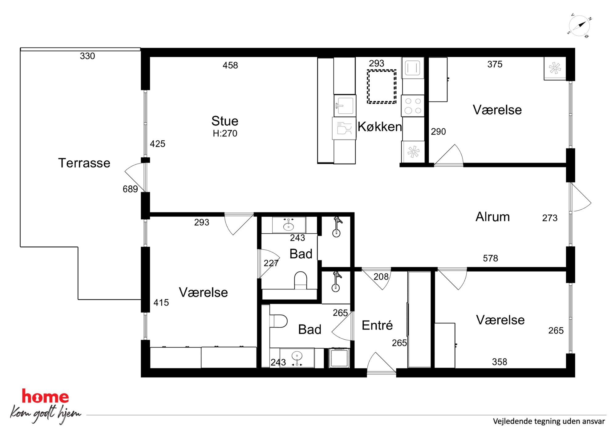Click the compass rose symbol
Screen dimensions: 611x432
click(x=579, y=26)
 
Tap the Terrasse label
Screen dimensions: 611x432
click(x=84, y=163)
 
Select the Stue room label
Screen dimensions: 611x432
click(x=225, y=121)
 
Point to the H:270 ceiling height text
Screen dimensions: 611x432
click(x=225, y=133)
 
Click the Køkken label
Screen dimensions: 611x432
click(x=380, y=127)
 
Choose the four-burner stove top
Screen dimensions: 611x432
click(x=413, y=106)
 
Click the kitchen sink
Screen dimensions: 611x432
click(x=345, y=105)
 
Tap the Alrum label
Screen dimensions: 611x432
click(x=492, y=217)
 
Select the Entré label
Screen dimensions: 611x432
click(x=377, y=325)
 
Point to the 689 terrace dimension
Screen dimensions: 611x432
click(x=130, y=189)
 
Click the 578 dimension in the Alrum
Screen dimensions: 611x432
click(x=491, y=258)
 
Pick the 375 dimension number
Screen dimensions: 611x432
click(x=495, y=64)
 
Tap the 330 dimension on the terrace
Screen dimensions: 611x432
click(x=87, y=56)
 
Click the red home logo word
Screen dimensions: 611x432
click(x=45, y=397)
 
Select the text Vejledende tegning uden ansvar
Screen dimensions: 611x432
click(x=549, y=421)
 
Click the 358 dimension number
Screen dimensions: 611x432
click(x=500, y=362)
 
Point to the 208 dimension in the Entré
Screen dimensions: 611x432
click(x=381, y=277)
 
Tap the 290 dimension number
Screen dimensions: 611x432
click(x=439, y=132)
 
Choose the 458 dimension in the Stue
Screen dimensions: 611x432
click(x=230, y=65)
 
